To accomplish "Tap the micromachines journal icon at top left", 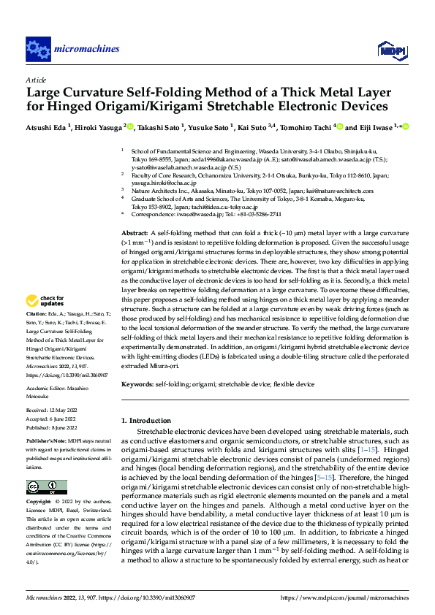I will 37,50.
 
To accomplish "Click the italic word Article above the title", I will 36,80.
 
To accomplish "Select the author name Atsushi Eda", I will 48,126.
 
